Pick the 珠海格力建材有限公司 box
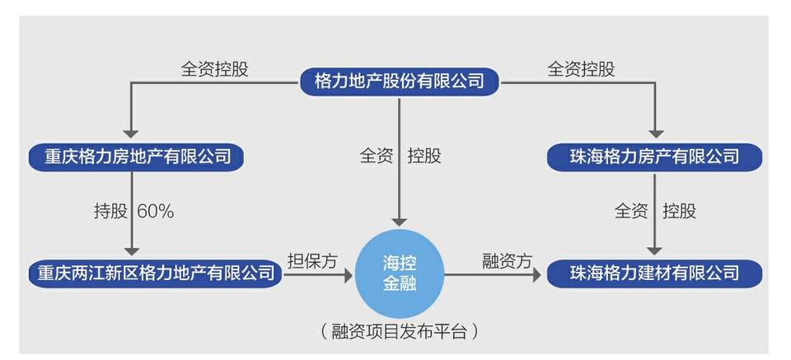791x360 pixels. [654, 272]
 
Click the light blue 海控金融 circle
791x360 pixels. [399, 272]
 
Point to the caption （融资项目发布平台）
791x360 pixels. [399, 333]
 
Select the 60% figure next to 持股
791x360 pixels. [156, 211]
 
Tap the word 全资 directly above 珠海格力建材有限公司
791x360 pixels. [631, 211]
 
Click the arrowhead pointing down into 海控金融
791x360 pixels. [399, 222]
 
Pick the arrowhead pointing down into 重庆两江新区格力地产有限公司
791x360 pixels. [130, 252]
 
